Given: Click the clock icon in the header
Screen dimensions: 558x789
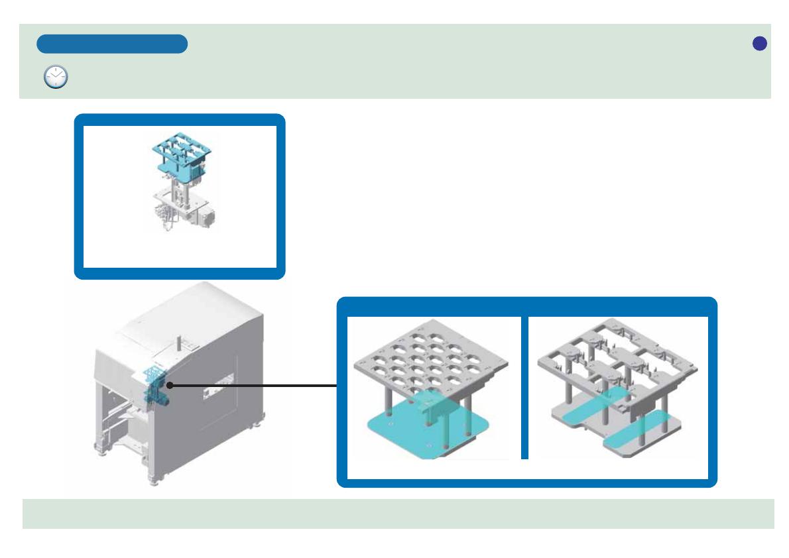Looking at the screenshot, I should [56, 78].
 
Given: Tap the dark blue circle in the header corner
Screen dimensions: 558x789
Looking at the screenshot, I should [760, 43].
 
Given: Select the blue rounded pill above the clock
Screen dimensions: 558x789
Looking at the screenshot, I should [112, 44].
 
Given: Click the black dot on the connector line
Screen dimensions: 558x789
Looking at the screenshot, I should [170, 385].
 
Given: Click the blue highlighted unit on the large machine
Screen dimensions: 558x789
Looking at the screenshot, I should [156, 385].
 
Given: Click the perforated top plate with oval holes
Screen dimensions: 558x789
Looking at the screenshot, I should [432, 358].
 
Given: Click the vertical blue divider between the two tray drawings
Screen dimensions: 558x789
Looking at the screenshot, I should [524, 387].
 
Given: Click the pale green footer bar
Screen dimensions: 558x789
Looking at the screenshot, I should [398, 514].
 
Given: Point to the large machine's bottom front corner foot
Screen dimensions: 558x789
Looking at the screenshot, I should [154, 479].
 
